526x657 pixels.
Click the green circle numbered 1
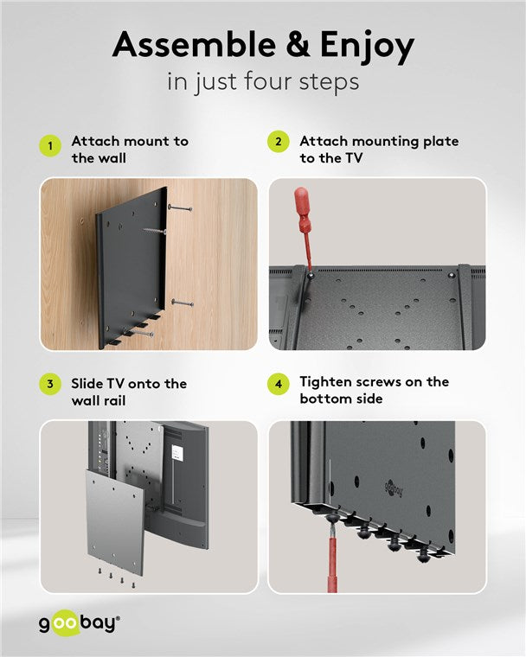pos(51,146)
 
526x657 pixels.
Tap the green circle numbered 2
pos(279,142)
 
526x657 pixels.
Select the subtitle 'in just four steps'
pos(262,83)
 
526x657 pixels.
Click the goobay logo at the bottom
pos(79,622)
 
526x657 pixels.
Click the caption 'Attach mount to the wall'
pos(130,149)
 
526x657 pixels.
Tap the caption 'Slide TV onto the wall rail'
pos(128,391)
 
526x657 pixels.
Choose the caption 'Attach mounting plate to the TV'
pos(379,149)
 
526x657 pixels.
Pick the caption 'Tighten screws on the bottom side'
pos(374,390)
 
